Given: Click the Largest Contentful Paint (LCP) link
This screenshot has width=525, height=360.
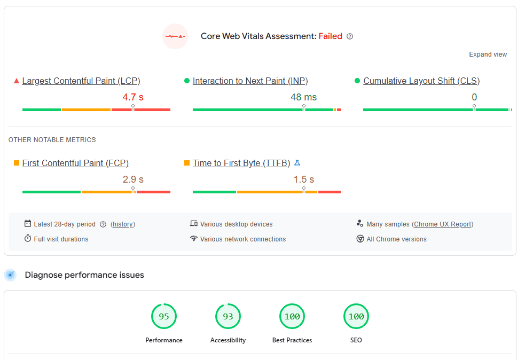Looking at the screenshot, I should pyautogui.click(x=81, y=81).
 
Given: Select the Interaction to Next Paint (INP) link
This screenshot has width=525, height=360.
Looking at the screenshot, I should pyautogui.click(x=250, y=81).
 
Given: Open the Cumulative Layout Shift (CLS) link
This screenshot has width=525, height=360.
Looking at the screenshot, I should pyautogui.click(x=421, y=81).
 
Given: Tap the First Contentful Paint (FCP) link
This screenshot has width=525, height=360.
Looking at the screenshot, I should pyautogui.click(x=75, y=163).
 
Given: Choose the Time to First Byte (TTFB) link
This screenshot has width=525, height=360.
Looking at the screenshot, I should pyautogui.click(x=241, y=163).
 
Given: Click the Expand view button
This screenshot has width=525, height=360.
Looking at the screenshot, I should pyautogui.click(x=488, y=54).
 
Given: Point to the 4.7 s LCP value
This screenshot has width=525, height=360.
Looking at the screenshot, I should pyautogui.click(x=133, y=97).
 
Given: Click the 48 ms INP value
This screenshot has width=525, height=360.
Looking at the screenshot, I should pyautogui.click(x=303, y=97).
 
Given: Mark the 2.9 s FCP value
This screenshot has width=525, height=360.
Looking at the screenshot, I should pyautogui.click(x=133, y=179).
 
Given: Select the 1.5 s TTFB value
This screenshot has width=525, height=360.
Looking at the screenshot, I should pyautogui.click(x=303, y=179).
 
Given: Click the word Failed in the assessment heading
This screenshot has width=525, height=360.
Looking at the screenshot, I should pyautogui.click(x=330, y=36).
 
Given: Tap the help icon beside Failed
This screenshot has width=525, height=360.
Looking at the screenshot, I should pyautogui.click(x=350, y=36).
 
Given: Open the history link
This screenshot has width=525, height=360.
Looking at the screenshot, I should pyautogui.click(x=123, y=224).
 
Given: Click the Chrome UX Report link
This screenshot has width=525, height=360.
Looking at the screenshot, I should pyautogui.click(x=443, y=224).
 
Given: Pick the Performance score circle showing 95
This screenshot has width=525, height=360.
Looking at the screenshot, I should pyautogui.click(x=164, y=317).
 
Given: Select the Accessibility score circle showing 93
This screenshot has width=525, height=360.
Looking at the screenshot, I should pyautogui.click(x=228, y=317).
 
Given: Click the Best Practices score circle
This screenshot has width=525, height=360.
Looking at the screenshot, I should pyautogui.click(x=292, y=317).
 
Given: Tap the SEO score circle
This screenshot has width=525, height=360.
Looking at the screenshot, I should pyautogui.click(x=356, y=317).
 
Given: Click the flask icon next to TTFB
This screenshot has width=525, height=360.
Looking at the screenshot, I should pyautogui.click(x=297, y=163).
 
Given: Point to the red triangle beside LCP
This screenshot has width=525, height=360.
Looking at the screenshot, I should pyautogui.click(x=17, y=81).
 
